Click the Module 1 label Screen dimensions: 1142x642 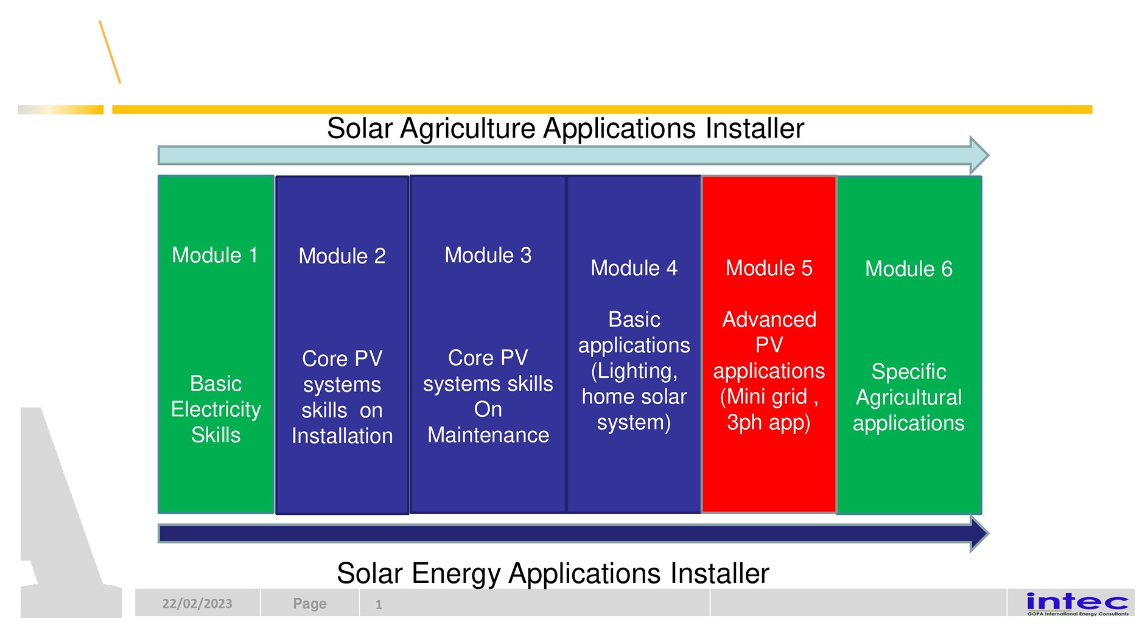click(x=215, y=255)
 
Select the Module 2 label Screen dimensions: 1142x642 click(x=342, y=256)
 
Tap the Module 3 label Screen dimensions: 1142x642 click(x=488, y=255)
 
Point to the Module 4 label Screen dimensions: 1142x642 click(x=634, y=268)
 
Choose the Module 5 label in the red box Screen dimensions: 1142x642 click(x=769, y=268)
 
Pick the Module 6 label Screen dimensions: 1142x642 click(x=909, y=268)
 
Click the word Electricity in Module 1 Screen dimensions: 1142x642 click(x=216, y=410)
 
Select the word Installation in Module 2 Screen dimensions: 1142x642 click(x=342, y=436)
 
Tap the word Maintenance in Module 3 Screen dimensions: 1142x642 click(x=488, y=434)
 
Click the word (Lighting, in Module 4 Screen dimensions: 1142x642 click(x=634, y=371)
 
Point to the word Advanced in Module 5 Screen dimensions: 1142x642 click(x=769, y=319)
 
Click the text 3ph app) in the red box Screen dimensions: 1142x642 click(x=769, y=422)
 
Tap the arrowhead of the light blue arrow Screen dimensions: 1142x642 click(x=979, y=155)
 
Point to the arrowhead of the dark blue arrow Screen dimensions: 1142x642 click(x=979, y=534)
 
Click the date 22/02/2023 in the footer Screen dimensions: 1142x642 click(x=197, y=604)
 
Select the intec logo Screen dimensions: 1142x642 click(x=1077, y=603)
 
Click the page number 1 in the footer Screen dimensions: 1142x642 click(x=379, y=605)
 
